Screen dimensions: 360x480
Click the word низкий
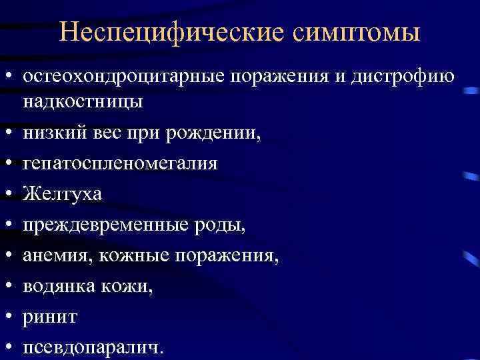(53, 134)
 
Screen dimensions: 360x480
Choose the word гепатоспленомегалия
(120, 164)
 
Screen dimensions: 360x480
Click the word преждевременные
(105, 225)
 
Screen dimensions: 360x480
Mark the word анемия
(55, 255)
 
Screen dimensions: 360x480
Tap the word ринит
(49, 316)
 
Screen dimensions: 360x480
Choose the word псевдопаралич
(92, 347)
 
